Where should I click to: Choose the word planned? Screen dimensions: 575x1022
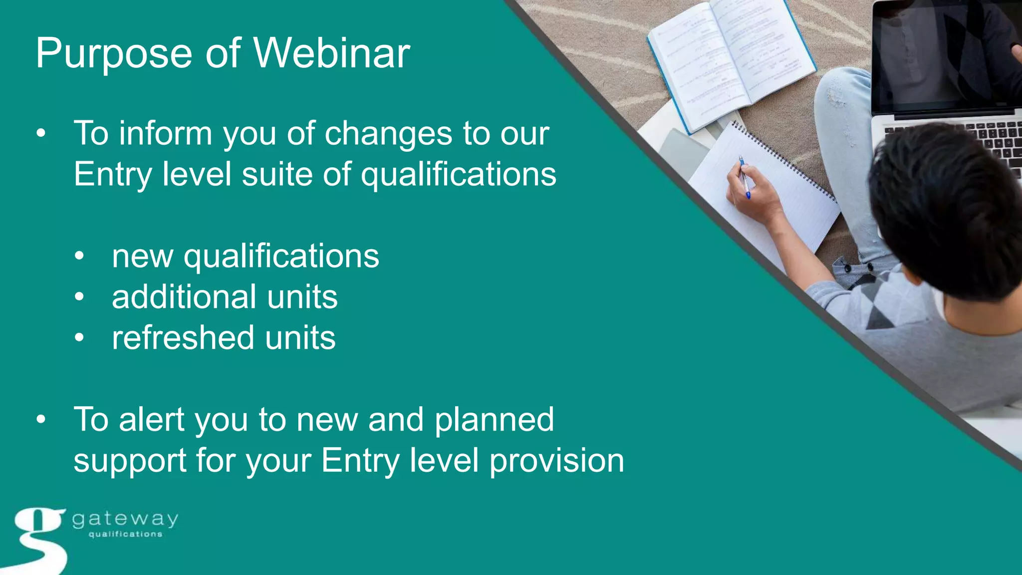point(494,420)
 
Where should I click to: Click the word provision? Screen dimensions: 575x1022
point(556,460)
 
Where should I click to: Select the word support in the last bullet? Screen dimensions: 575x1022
point(130,461)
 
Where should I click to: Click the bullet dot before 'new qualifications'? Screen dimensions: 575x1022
point(79,257)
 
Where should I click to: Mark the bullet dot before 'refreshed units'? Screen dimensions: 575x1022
point(79,338)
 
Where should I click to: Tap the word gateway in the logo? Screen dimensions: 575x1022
point(125,520)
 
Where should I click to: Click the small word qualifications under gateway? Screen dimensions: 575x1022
point(125,534)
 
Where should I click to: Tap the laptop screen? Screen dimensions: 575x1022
point(943,55)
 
